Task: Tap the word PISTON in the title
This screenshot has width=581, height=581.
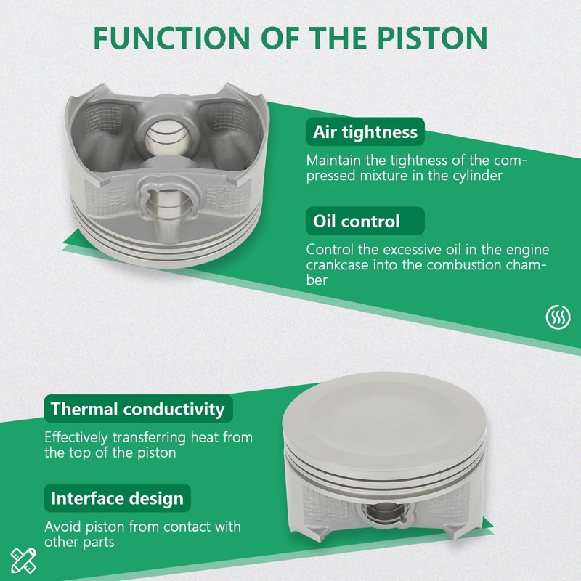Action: pyautogui.click(x=432, y=38)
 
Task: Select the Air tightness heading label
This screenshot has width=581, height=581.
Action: pyautogui.click(x=365, y=132)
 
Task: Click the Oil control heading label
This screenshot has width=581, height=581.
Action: pyautogui.click(x=365, y=222)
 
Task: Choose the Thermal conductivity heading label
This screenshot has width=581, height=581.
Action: pyautogui.click(x=138, y=409)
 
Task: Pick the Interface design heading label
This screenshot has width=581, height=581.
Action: pyautogui.click(x=117, y=498)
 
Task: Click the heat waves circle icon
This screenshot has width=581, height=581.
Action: pyautogui.click(x=558, y=317)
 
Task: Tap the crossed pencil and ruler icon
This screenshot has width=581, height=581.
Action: pyautogui.click(x=23, y=560)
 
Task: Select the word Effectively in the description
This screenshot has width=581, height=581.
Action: pyautogui.click(x=76, y=438)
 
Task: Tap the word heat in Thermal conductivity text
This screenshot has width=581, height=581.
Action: pyautogui.click(x=205, y=437)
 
